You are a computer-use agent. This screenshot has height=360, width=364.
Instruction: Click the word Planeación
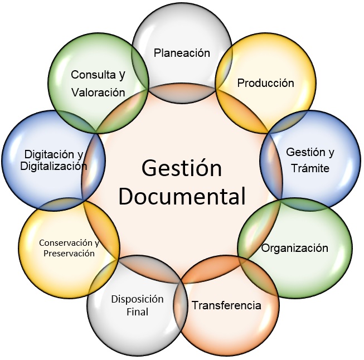point(182,53)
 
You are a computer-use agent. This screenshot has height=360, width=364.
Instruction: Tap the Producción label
point(265,83)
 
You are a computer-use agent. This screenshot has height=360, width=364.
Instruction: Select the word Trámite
point(310,168)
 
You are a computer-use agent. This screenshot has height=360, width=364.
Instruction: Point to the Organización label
point(294,249)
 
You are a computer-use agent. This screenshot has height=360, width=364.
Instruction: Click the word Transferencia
point(226,305)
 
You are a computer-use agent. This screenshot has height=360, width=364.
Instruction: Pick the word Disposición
point(138,299)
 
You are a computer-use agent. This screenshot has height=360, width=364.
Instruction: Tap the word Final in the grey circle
point(138,312)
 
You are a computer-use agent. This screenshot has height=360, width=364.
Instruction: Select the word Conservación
point(66,243)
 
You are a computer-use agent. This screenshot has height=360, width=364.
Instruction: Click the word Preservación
point(69,253)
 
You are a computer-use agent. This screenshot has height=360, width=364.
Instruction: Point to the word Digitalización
point(54,166)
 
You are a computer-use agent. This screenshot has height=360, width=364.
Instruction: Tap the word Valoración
point(98,93)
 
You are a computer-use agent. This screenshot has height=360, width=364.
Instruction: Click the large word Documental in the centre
point(182,196)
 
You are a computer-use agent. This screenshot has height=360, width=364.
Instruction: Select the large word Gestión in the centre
point(182,168)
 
